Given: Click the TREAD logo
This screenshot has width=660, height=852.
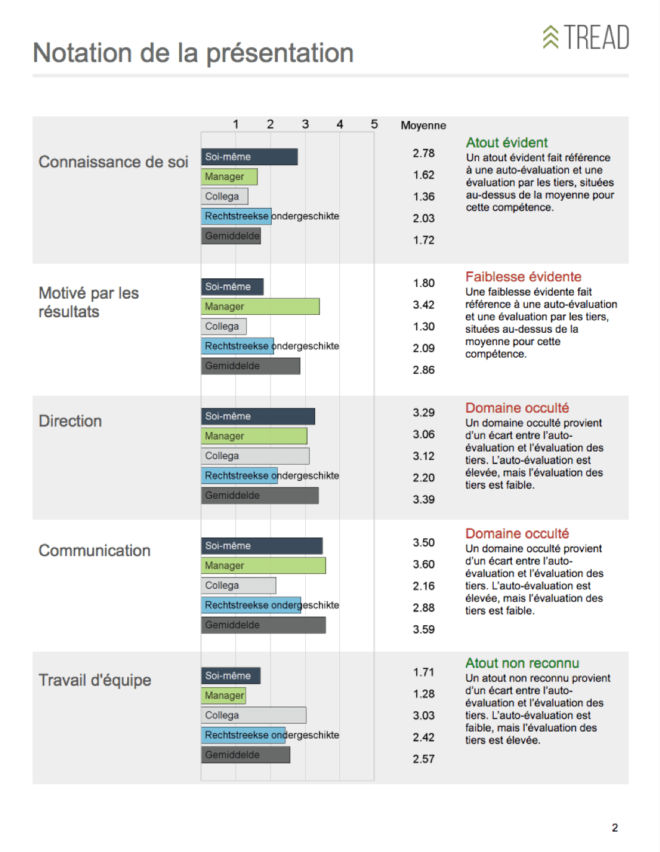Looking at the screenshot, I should coord(586,37).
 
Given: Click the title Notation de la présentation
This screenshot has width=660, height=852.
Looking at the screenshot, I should coord(193,53).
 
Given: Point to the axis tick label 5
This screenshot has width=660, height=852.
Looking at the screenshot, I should coord(374,124).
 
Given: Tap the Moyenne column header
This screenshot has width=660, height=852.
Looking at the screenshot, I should coord(423,125).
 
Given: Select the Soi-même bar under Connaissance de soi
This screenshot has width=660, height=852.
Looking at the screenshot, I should coord(249,157).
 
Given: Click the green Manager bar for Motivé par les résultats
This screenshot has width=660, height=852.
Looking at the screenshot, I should coord(260,307).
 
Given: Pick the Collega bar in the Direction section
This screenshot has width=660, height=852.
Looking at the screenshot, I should coord(255,456).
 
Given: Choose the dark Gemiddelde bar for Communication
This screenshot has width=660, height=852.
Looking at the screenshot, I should coord(263,625).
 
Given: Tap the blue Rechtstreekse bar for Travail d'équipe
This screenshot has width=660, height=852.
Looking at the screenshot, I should coord(243,735).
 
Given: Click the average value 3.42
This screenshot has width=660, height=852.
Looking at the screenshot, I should coord(424,305).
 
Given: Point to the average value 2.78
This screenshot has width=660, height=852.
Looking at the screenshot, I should coord(424,153).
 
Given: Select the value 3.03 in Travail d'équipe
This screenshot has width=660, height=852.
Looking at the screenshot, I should coord(424,716).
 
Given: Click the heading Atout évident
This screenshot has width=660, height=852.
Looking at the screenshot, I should coord(507,143).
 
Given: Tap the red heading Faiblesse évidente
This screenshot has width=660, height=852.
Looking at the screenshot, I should coord(523,277).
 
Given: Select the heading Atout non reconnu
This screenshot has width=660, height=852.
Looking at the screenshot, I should coord(522,663).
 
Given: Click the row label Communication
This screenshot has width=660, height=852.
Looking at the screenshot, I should coord(94,550).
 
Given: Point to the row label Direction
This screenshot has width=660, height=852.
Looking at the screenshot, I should coord(70,421).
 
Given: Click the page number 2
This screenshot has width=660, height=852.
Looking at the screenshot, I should coord(615,828).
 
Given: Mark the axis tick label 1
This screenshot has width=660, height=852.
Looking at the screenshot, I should coord(236,124).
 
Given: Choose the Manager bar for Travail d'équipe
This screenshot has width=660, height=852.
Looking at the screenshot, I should coord(223,696).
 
